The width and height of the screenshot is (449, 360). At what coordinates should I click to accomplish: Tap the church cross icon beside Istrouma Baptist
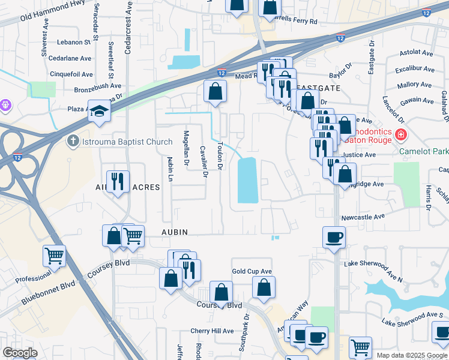tap(72, 142)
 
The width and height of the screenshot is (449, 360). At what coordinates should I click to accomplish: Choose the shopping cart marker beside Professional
tap(54, 256)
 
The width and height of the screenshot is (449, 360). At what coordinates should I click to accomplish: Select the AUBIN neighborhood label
tap(174, 232)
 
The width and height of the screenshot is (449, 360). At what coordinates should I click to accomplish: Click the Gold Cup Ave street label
tap(252, 271)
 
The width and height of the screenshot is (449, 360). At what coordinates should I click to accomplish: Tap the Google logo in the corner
tap(20, 353)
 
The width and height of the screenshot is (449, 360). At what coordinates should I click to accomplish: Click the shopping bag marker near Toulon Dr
tap(215, 92)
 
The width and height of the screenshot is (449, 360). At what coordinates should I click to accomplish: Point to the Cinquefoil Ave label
tap(71, 74)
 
